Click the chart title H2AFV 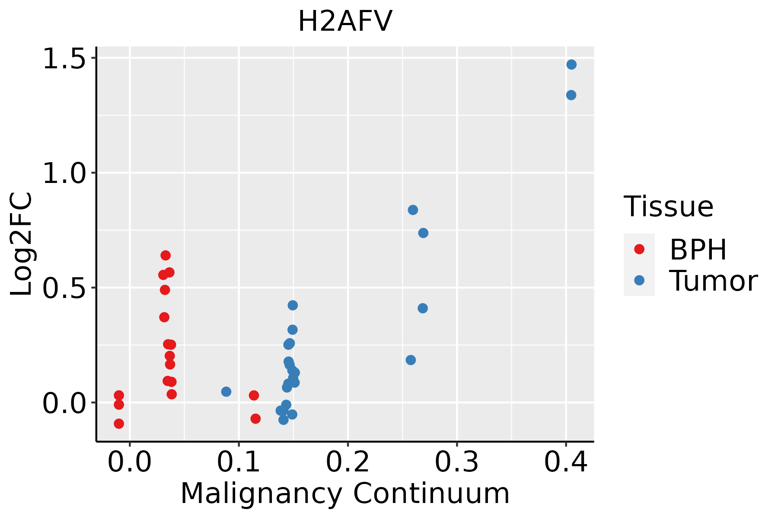click(x=345, y=21)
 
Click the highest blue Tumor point click(x=571, y=64)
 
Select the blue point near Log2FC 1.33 click(x=571, y=95)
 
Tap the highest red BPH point click(x=166, y=255)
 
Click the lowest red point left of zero click(x=119, y=423)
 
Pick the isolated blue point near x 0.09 click(x=226, y=391)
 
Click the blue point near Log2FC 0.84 click(x=413, y=210)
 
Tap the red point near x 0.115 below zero click(x=255, y=418)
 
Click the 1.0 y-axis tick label click(x=64, y=173)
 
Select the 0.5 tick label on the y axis click(x=64, y=288)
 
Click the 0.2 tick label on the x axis click(x=348, y=462)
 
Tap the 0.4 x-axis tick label click(x=565, y=462)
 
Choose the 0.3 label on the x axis click(x=456, y=462)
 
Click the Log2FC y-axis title click(x=21, y=244)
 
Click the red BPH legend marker click(x=639, y=249)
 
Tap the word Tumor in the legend click(x=714, y=281)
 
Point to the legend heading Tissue click(x=669, y=206)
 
